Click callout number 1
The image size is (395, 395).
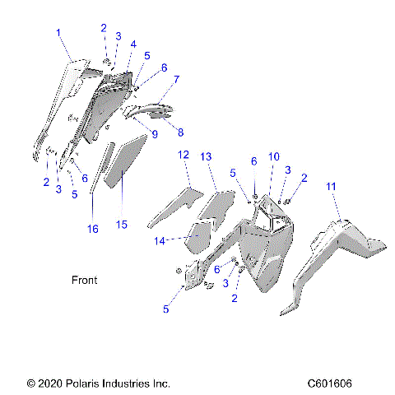[58, 32]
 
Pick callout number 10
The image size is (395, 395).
[274, 156]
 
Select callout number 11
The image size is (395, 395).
[332, 187]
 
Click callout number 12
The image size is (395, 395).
[184, 155]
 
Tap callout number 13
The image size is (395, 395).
[207, 156]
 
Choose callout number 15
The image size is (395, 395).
[122, 223]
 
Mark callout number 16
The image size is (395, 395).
[93, 227]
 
